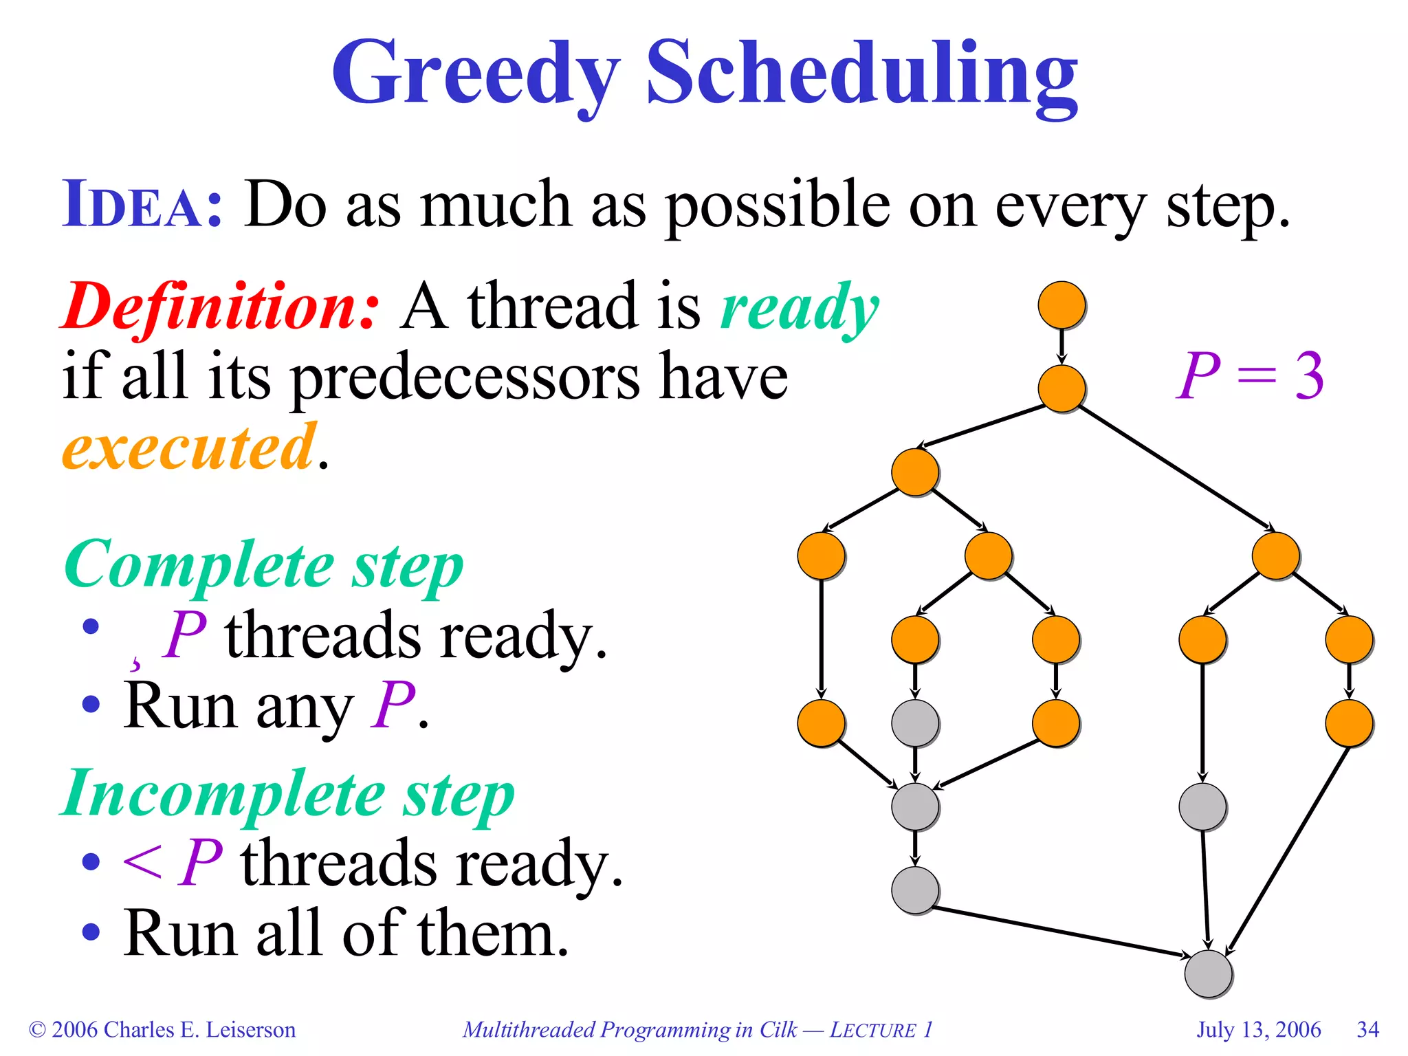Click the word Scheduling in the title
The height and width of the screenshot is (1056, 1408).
point(861,74)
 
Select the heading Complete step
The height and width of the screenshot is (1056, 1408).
point(264,565)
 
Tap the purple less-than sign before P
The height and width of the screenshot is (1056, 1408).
point(142,862)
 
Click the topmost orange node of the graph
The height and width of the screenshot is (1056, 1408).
point(1061,305)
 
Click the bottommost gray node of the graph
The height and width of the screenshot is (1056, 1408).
point(1208,973)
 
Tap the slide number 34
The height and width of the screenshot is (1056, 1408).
point(1367,1030)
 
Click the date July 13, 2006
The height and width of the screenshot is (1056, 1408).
point(1258,1030)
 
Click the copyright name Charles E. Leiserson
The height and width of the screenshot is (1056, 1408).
point(199,1030)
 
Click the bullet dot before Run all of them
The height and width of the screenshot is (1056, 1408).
point(91,932)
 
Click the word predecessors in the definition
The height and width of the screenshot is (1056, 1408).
point(465,378)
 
